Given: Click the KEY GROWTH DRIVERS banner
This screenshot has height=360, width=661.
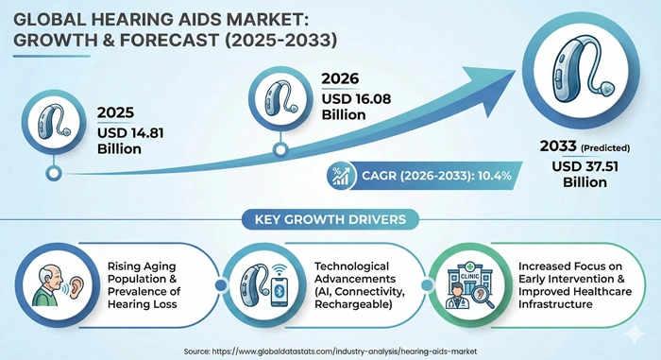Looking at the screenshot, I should (330, 220).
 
